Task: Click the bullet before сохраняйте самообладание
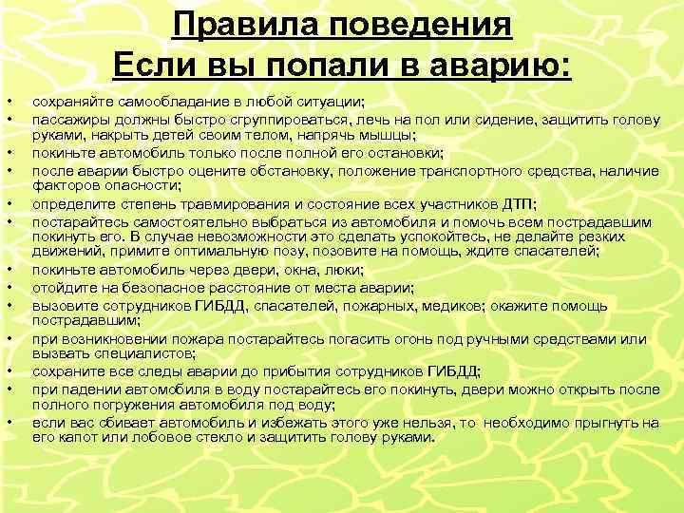click(x=9, y=99)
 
